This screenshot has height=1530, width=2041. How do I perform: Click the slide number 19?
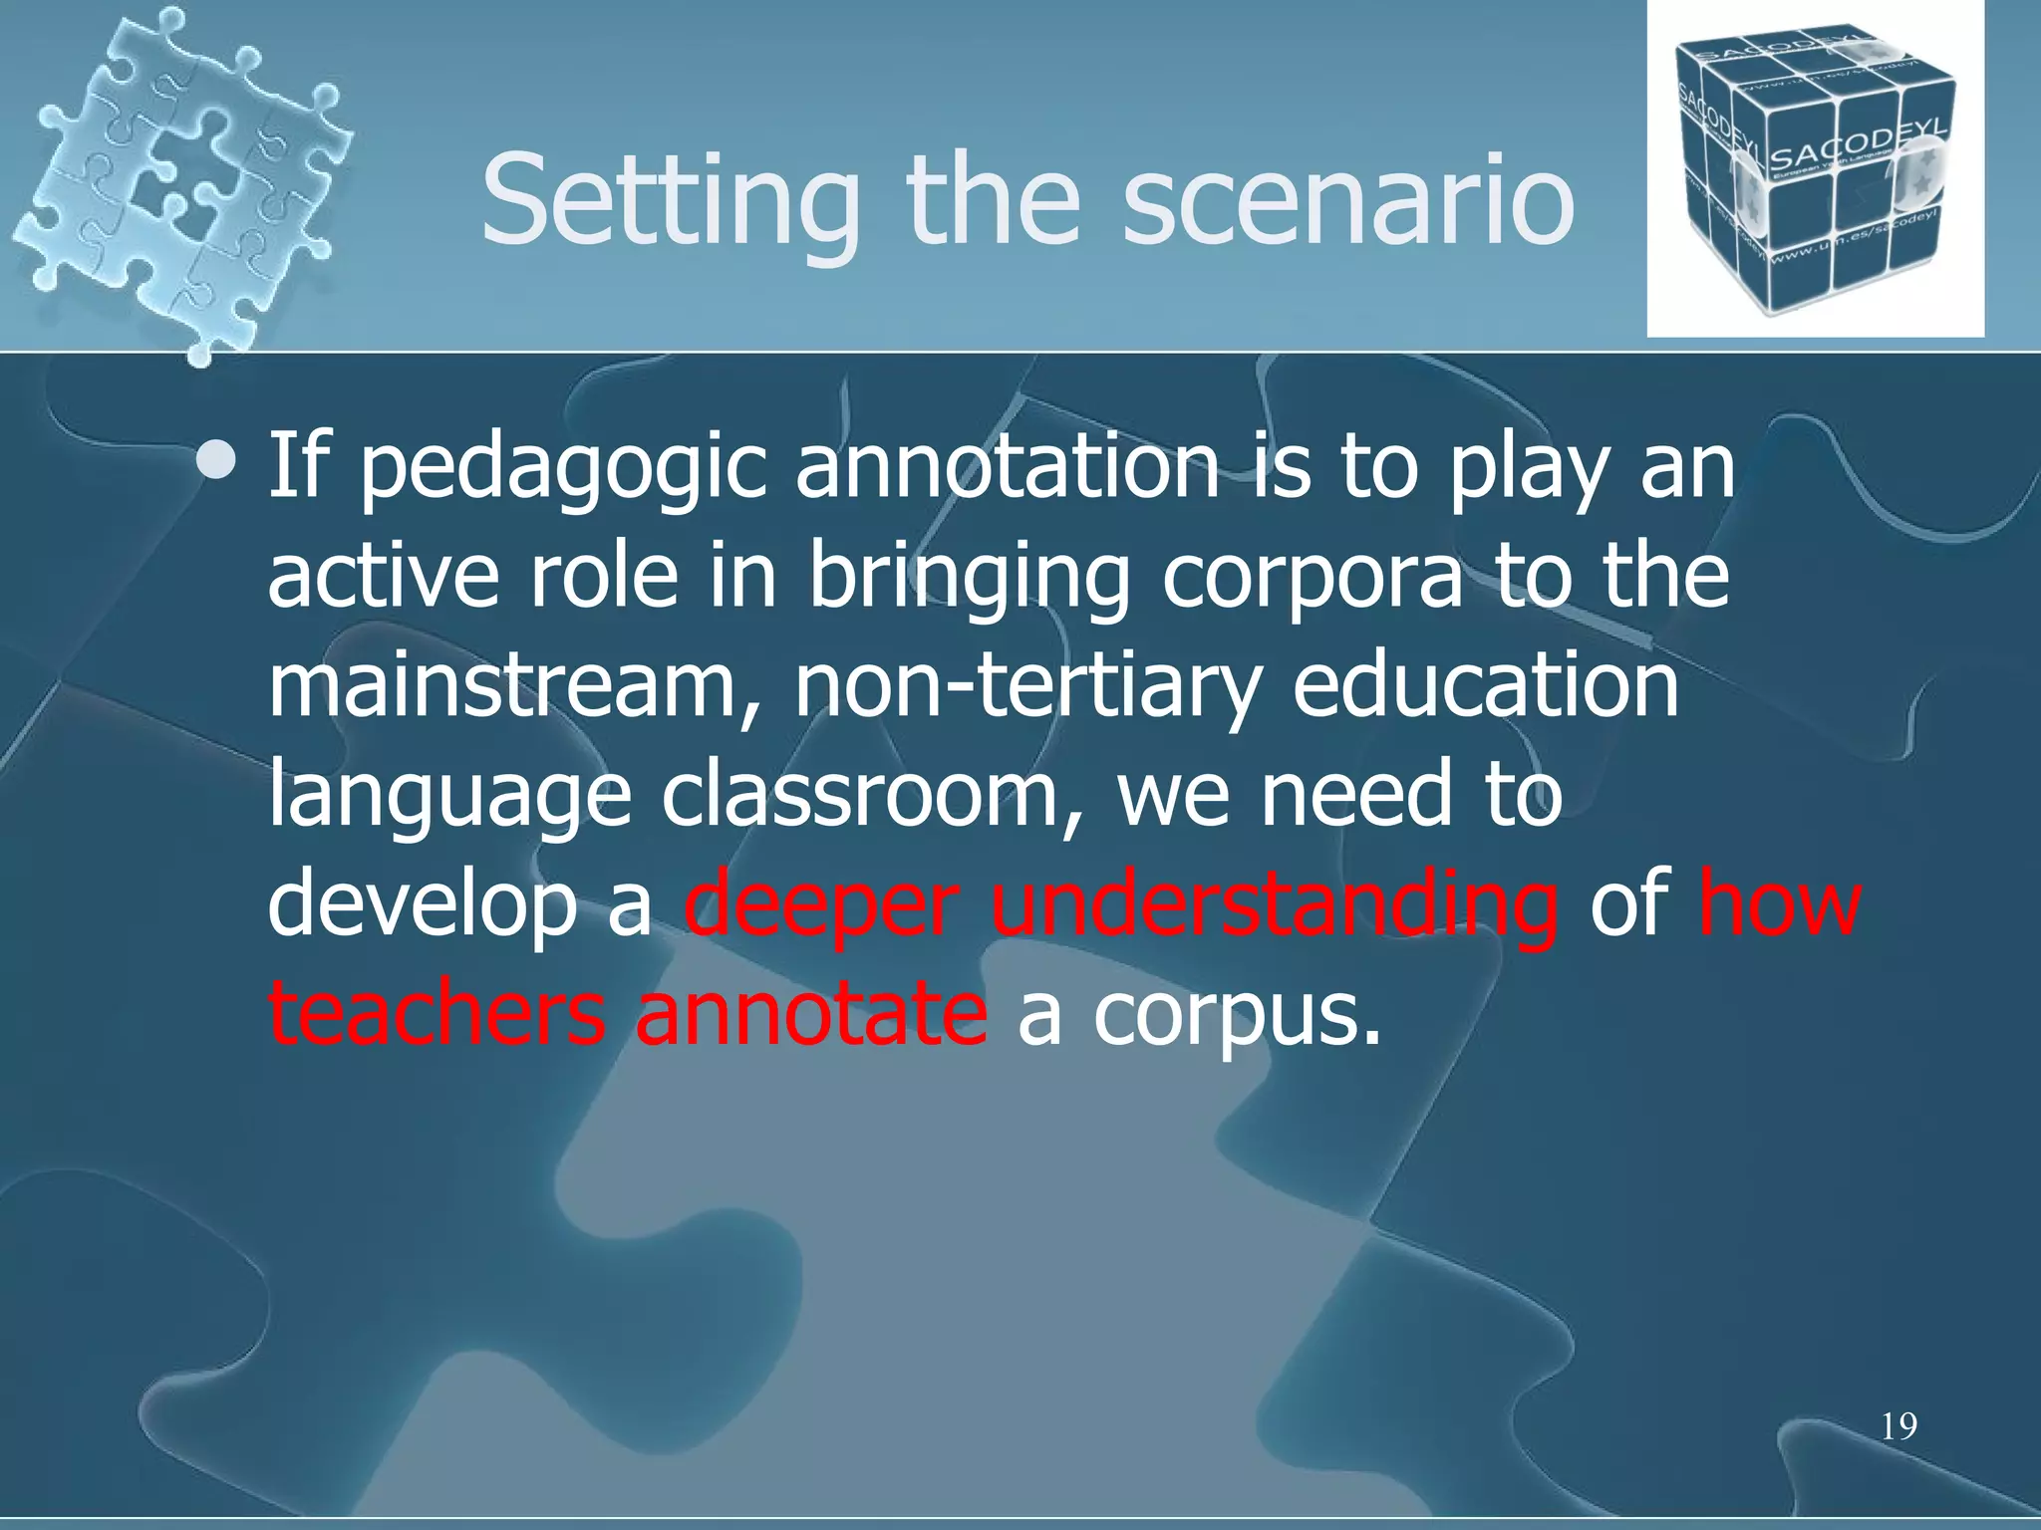tap(1898, 1426)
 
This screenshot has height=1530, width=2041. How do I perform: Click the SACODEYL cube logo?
tap(1814, 169)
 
